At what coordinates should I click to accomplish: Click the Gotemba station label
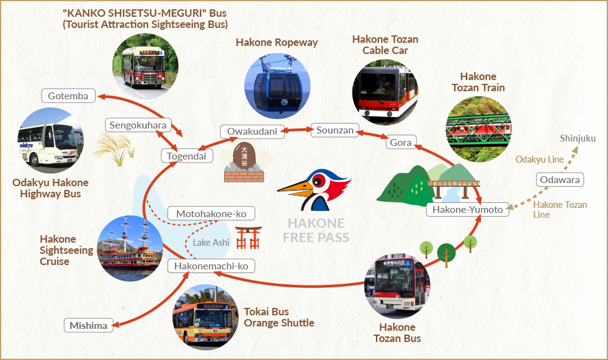coord(68,96)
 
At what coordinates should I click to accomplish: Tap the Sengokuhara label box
coord(138,125)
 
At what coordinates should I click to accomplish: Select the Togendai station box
coord(187,156)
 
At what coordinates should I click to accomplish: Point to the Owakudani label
coord(252,132)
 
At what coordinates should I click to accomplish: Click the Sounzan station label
coord(335,130)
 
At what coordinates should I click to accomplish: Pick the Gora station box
coord(401,142)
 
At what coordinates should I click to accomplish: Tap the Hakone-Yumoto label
coord(468,210)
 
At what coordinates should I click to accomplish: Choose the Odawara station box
coord(560,179)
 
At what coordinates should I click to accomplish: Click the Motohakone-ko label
coord(212,214)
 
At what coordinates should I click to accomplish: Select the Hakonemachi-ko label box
coord(212,266)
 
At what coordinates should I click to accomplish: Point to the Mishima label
coord(88,325)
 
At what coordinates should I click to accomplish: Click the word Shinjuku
coord(578,138)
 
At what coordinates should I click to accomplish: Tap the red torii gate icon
coord(248,238)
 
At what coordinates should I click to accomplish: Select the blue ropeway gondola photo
coord(277,86)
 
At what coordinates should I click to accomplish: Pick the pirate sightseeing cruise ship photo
coord(130,248)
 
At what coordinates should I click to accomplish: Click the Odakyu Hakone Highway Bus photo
coord(50,140)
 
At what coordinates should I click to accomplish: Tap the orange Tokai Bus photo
coord(205,317)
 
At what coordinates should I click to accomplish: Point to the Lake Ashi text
coord(212,243)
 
